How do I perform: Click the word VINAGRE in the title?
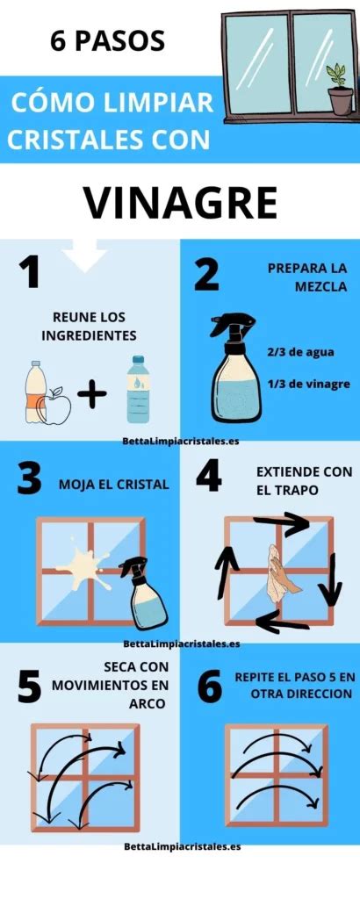(181, 203)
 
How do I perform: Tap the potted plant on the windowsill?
(340, 90)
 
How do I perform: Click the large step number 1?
(29, 273)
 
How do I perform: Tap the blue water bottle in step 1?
(138, 389)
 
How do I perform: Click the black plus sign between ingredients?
(91, 396)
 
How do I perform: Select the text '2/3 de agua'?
(300, 353)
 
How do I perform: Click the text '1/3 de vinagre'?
(308, 385)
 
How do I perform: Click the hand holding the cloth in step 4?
(281, 574)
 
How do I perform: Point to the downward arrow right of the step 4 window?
(330, 579)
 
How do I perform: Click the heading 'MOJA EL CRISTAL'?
(114, 485)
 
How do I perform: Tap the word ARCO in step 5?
(148, 703)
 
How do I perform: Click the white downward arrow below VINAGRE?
(84, 255)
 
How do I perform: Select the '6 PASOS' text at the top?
(107, 41)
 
